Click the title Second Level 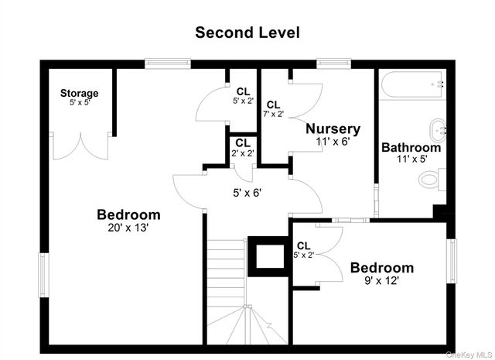pyautogui.click(x=247, y=33)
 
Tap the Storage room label pyautogui.click(x=80, y=94)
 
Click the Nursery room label pyautogui.click(x=333, y=129)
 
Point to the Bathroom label pyautogui.click(x=411, y=147)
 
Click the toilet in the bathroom pyautogui.click(x=428, y=180)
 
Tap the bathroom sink pyautogui.click(x=438, y=127)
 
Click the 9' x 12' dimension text pyautogui.click(x=381, y=281)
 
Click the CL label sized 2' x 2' pyautogui.click(x=242, y=143)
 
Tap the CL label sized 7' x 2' pyautogui.click(x=274, y=105)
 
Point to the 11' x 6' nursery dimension pyautogui.click(x=333, y=142)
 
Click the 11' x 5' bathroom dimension pyautogui.click(x=411, y=159)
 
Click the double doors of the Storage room pyautogui.click(x=80, y=146)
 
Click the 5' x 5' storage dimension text pyautogui.click(x=80, y=103)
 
